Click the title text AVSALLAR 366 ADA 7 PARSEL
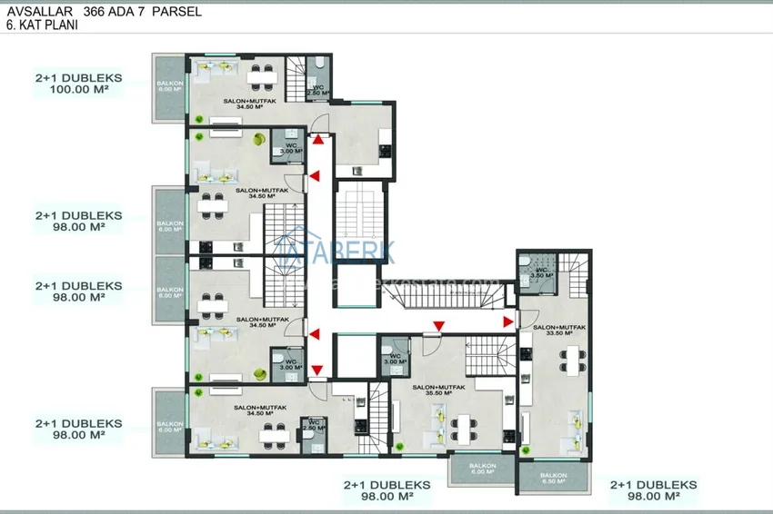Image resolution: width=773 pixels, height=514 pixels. click(104, 13)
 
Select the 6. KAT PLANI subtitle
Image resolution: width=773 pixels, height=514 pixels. click(42, 27)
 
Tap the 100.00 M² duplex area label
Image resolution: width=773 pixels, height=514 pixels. click(78, 91)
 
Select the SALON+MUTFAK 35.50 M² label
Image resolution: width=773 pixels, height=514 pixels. click(439, 390)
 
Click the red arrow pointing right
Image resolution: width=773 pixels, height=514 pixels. click(507, 319)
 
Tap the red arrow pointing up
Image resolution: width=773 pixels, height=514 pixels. click(317, 140)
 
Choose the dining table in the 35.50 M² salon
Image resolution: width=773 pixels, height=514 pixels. click(464, 425)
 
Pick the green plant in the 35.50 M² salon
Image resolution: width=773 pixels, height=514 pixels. click(397, 444)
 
